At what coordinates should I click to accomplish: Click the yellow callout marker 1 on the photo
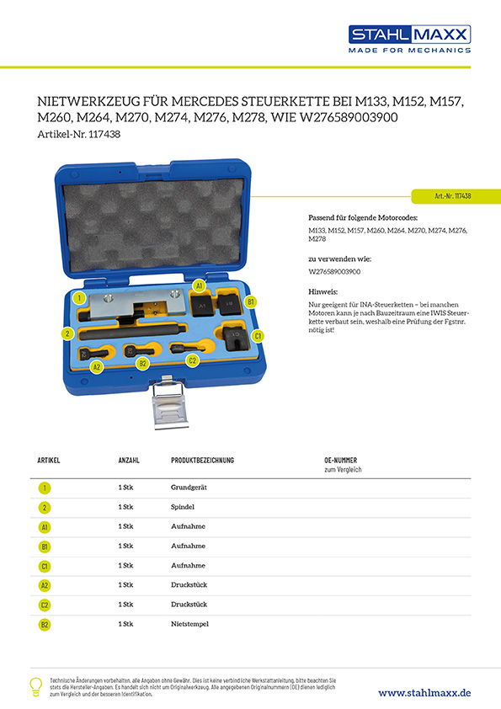[x=78, y=297]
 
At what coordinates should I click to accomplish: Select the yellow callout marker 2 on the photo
[x=67, y=333]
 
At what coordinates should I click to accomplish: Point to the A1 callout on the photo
[x=200, y=286]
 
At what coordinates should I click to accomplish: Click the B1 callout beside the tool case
[x=250, y=301]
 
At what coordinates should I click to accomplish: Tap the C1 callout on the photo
[x=258, y=336]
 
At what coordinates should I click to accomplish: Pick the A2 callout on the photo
[x=96, y=367]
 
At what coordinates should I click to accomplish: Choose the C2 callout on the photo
[x=192, y=360]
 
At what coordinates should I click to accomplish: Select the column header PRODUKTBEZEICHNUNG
[x=202, y=461]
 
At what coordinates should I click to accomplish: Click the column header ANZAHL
[x=129, y=461]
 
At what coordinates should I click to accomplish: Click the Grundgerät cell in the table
[x=188, y=488]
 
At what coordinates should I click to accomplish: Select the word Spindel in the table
[x=183, y=507]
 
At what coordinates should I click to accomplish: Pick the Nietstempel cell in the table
[x=189, y=624]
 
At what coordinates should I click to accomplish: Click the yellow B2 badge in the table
[x=45, y=624]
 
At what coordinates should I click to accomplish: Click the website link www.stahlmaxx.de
[x=424, y=692]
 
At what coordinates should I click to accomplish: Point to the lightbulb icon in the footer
[x=35, y=686]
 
